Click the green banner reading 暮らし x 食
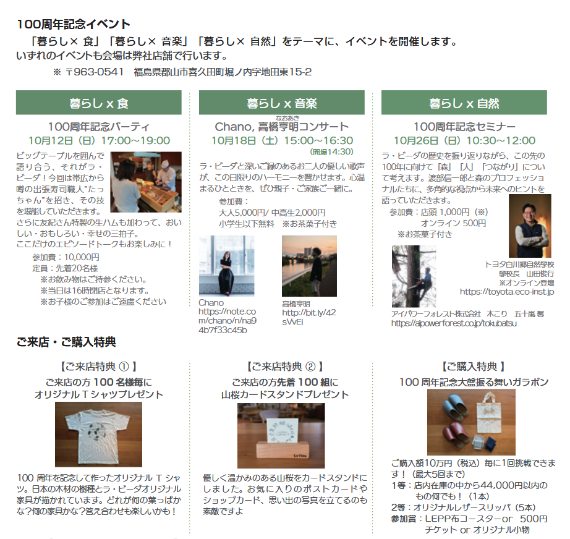(98, 103)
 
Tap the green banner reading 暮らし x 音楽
(282, 103)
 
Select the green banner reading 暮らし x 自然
(464, 103)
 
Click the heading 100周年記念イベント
(74, 24)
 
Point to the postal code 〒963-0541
(95, 72)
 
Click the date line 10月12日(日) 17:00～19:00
(100, 141)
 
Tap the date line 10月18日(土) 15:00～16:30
(282, 141)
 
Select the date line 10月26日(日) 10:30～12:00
(464, 141)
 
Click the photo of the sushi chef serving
(146, 182)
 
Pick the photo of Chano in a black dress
(226, 266)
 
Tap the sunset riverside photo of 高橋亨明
(309, 266)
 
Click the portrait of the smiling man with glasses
(530, 226)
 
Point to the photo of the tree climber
(414, 276)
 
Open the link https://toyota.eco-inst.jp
(507, 292)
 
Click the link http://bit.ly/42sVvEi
(308, 317)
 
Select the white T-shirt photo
(98, 435)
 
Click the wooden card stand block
(283, 449)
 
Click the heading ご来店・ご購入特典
(66, 342)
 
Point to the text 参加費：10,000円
(66, 257)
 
